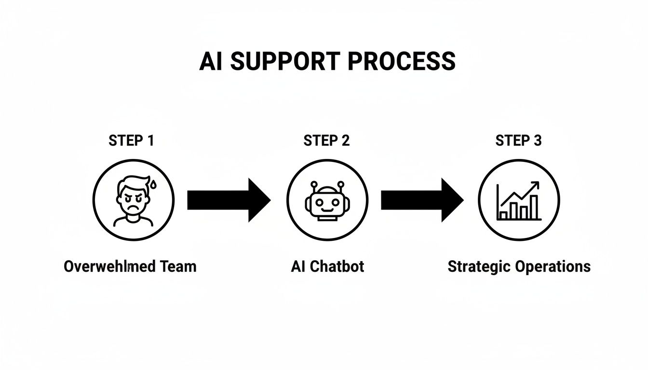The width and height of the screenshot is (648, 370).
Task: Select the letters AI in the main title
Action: point(211,62)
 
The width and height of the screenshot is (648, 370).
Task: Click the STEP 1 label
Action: point(131,141)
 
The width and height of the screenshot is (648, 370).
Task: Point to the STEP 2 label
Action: point(326,141)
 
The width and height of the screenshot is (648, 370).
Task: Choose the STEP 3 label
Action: point(518,141)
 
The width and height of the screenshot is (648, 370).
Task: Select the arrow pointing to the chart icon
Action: point(421,200)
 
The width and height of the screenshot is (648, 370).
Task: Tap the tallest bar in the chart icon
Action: point(534,207)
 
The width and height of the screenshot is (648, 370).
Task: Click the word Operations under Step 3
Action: point(553,266)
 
